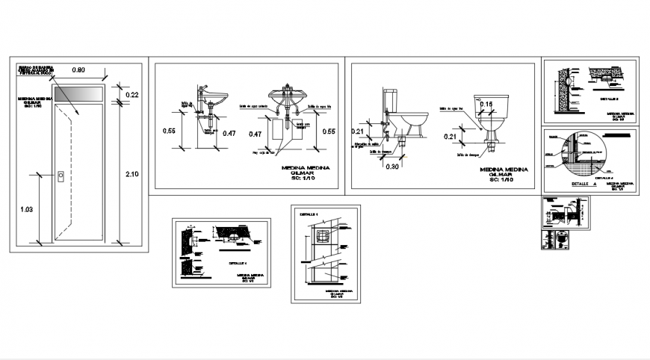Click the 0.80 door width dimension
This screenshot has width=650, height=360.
78,69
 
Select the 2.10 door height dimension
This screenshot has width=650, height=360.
132,173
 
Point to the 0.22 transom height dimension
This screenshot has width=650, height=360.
132,95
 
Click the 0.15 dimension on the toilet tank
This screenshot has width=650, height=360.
486,104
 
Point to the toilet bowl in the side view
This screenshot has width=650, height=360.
412,122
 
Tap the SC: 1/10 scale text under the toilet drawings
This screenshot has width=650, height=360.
503,180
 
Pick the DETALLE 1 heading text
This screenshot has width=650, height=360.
309,214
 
